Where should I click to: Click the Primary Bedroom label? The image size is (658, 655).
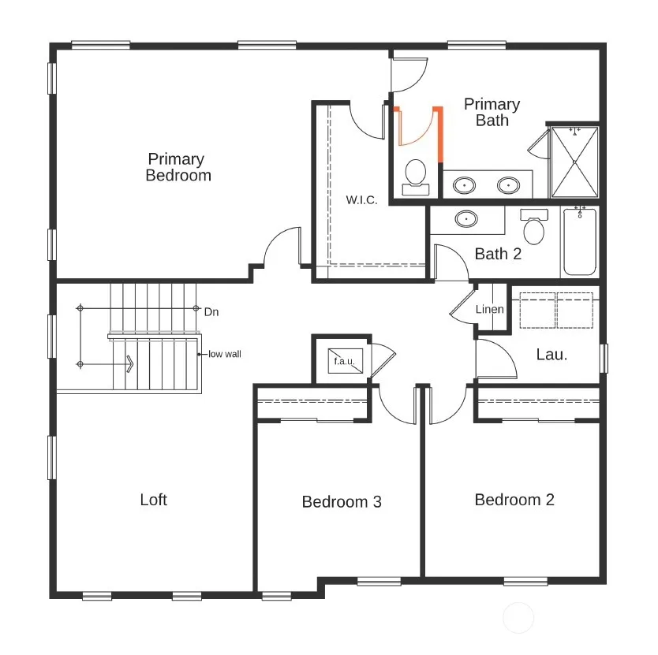click(178, 167)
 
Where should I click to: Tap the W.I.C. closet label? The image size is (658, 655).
click(361, 200)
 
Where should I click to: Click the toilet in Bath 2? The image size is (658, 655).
click(534, 227)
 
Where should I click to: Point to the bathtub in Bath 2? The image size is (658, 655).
click(580, 241)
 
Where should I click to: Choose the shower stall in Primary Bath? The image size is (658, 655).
click(574, 162)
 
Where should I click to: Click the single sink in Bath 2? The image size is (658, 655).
click(465, 218)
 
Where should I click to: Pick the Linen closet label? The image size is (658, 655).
click(489, 310)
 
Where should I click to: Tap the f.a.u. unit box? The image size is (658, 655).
click(346, 360)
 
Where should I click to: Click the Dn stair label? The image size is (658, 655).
click(211, 312)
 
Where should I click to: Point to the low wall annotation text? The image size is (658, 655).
click(225, 355)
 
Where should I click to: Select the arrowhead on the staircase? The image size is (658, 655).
click(130, 364)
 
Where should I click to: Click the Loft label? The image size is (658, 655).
click(154, 500)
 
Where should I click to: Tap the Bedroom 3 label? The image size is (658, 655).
click(342, 502)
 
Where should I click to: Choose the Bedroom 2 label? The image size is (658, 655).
click(514, 500)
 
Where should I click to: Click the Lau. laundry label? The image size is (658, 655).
click(551, 355)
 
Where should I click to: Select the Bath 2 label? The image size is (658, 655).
click(498, 254)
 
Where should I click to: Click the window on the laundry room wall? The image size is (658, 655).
click(604, 359)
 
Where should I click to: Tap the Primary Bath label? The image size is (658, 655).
click(492, 113)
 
